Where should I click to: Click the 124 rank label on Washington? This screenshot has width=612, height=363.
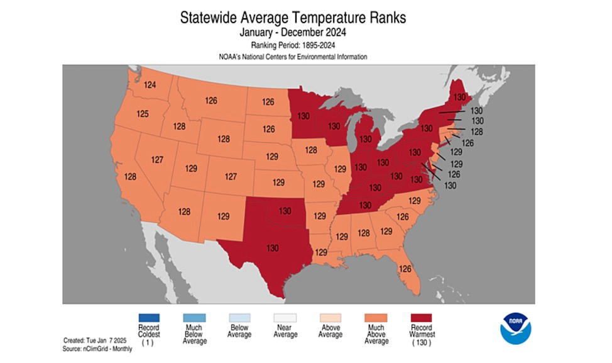(150, 85)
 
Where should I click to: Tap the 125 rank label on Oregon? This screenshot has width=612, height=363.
(143, 114)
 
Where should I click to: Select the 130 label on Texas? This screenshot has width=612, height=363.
(272, 248)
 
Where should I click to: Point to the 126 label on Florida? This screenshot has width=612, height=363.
(405, 269)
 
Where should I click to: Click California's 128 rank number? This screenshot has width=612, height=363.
(131, 176)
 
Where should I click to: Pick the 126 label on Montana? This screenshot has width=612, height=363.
(210, 101)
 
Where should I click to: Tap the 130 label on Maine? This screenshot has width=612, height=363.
(460, 97)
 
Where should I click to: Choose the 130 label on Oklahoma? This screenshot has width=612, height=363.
(285, 211)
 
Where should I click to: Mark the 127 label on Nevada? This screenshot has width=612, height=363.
(157, 160)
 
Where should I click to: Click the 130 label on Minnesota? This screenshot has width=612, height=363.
(303, 116)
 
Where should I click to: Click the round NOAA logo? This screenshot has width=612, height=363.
(515, 328)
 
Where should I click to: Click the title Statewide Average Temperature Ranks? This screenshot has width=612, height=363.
(293, 18)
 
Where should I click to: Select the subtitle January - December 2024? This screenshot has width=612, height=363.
(293, 32)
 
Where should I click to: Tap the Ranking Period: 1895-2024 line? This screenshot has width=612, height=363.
(293, 45)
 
